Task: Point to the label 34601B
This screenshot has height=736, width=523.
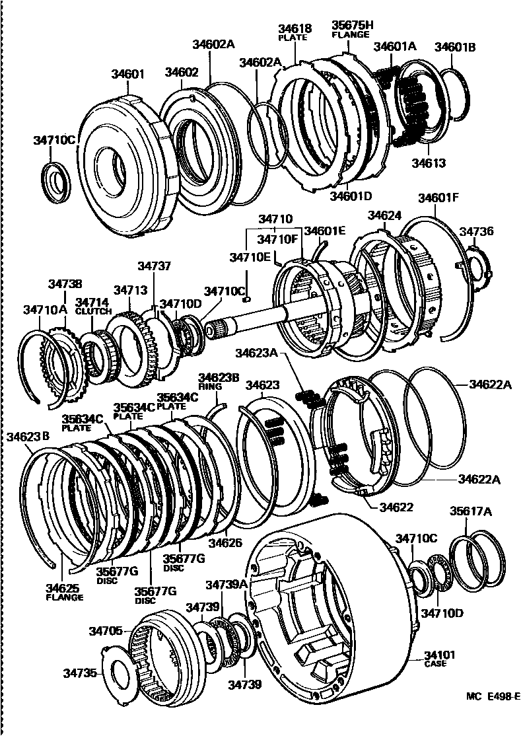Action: point(456,47)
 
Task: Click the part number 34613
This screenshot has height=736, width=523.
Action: point(429,163)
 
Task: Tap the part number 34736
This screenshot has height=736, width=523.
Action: point(476,232)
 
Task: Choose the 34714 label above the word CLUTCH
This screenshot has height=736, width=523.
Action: point(90,301)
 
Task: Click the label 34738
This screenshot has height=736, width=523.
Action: point(65,283)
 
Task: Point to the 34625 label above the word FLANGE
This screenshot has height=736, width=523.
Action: point(63,587)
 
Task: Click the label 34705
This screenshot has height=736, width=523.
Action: point(106,631)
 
